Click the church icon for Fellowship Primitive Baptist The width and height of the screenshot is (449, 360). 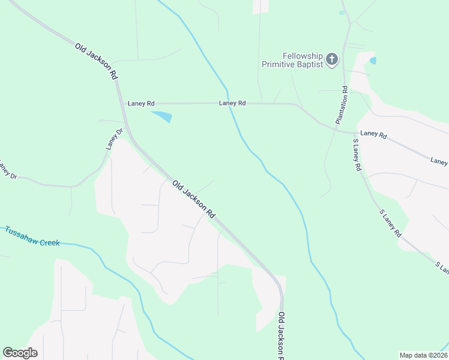pos(332,59)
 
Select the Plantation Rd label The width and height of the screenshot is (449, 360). pos(342,106)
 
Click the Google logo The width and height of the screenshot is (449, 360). pos(20,353)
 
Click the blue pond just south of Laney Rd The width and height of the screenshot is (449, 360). pos(162,116)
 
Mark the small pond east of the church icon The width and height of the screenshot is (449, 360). pos(373,60)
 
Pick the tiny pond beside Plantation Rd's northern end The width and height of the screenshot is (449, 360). pos(342,12)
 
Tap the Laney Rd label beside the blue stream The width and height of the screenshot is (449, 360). pos(232,103)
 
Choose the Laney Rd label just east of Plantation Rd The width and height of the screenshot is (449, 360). pos(373,135)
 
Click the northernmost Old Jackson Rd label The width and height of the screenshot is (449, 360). pos(96,61)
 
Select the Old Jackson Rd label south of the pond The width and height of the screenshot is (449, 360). pos(193,199)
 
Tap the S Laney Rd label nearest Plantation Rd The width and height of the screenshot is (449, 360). pos(357,155)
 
